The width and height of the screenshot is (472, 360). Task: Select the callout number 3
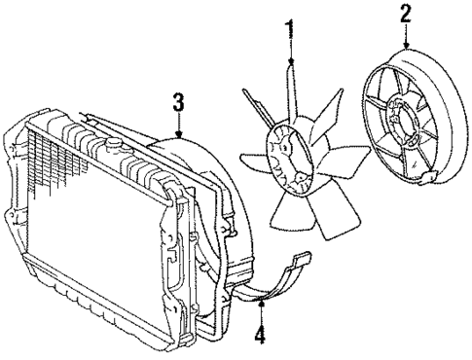pos(178,102)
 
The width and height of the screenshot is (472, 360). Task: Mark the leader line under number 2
pos(405,33)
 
